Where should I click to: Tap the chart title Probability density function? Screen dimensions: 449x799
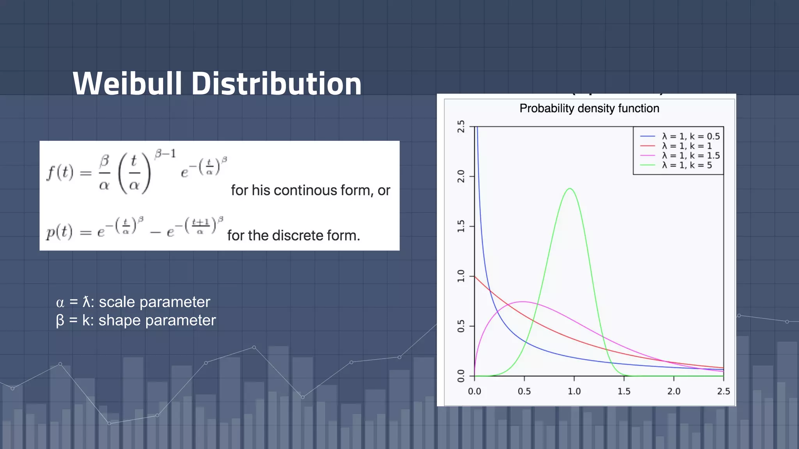[589, 108]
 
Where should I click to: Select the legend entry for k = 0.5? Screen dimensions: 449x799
[691, 136]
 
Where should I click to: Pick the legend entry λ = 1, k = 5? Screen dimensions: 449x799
[687, 165]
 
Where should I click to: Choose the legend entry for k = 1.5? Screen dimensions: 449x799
[691, 156]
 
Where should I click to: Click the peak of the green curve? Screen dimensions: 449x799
[570, 189]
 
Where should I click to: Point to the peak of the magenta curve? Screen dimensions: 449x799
[523, 302]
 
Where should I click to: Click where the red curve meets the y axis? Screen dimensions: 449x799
[475, 276]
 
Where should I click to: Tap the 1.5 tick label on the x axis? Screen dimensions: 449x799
[624, 391]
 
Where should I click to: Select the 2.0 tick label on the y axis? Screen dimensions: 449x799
[461, 176]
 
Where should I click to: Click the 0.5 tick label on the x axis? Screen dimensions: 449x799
[524, 391]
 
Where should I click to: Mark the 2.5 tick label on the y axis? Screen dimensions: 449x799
[461, 126]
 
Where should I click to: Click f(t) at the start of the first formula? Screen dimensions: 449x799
[60, 172]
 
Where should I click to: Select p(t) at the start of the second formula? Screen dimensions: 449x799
[59, 232]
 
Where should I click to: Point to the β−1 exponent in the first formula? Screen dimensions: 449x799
[165, 154]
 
